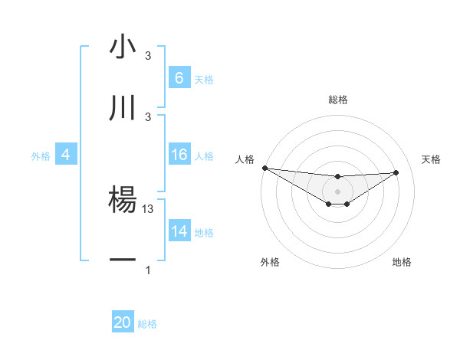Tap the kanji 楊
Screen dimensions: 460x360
point(123,200)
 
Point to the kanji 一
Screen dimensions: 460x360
point(123,261)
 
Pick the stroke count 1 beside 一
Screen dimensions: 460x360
point(148,270)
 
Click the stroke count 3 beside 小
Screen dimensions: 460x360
point(148,56)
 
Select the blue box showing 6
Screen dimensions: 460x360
point(179,78)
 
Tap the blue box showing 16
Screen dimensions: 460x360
point(179,155)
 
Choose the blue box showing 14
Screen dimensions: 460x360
point(179,231)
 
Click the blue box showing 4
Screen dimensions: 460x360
point(65,155)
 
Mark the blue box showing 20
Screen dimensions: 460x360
point(123,322)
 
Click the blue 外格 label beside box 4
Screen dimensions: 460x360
point(41,155)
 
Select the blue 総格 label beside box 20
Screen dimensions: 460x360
point(147,324)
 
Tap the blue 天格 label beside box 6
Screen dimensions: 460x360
point(204,79)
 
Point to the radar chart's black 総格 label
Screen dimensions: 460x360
point(338,100)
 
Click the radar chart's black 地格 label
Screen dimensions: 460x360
point(402,262)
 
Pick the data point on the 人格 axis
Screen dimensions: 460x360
point(264,168)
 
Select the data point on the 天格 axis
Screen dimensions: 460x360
point(396,172)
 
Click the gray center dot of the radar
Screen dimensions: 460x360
point(338,191)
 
